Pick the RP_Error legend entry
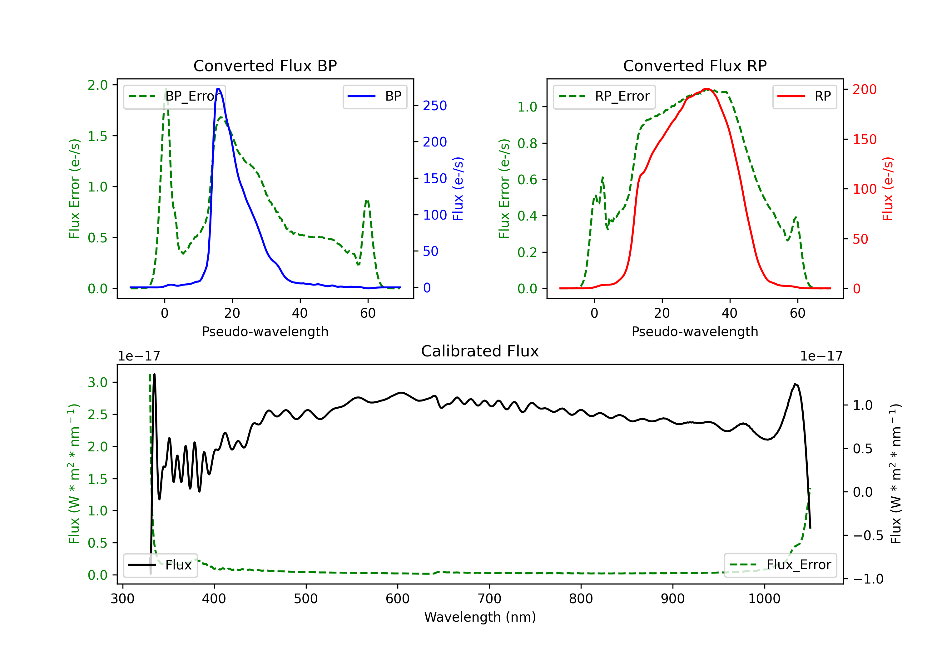pos(604,96)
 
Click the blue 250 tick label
pos(435,106)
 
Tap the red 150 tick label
pos(864,139)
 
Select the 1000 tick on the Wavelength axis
pos(764,599)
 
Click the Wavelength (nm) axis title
pos(480,617)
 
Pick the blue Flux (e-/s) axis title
pos(458,189)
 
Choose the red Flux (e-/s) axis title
pos(888,189)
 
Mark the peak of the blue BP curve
pos(219,89)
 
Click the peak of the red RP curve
pos(706,89)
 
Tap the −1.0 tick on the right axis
pos(868,579)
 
